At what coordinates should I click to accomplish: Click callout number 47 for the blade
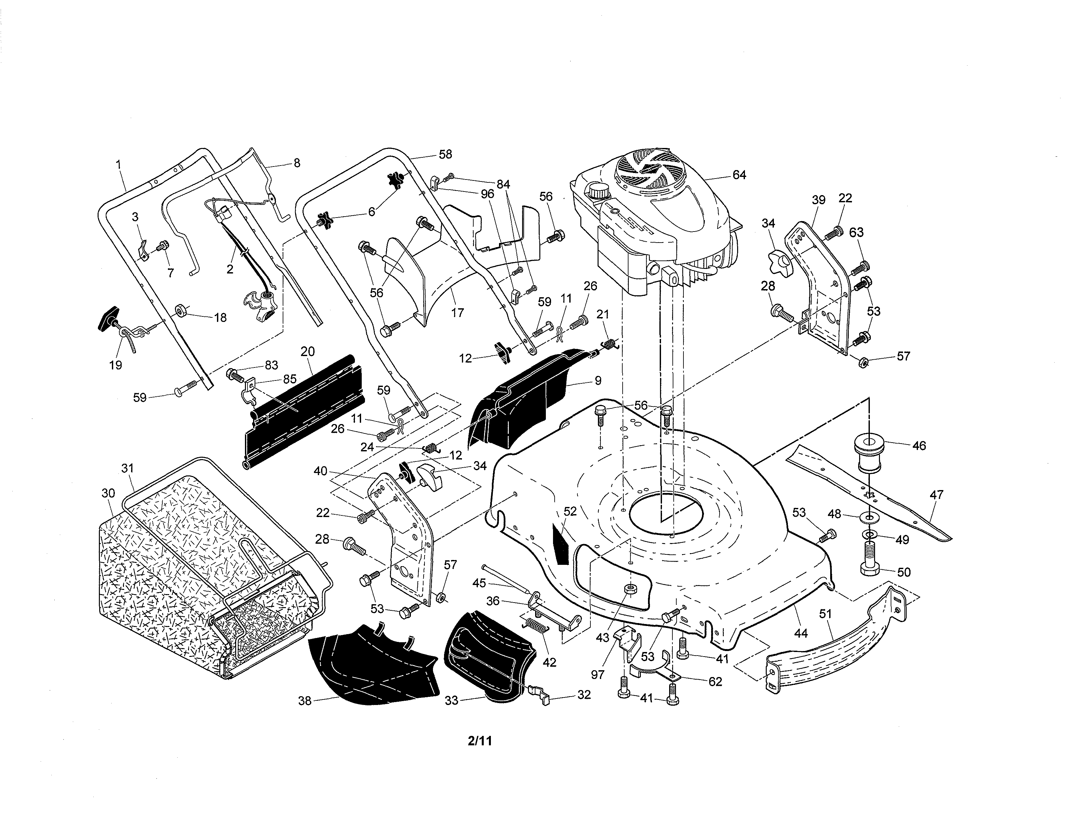pyautogui.click(x=937, y=494)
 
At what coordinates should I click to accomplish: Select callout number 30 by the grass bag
pyautogui.click(x=108, y=493)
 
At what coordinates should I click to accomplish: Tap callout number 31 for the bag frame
pyautogui.click(x=128, y=468)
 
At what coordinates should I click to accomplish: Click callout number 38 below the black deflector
pyautogui.click(x=305, y=700)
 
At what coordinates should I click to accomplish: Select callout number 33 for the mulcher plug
pyautogui.click(x=452, y=700)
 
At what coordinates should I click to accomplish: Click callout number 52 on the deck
pyautogui.click(x=570, y=511)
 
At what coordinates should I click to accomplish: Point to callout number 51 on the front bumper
pyautogui.click(x=825, y=614)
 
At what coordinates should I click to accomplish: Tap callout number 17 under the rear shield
pyautogui.click(x=457, y=313)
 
